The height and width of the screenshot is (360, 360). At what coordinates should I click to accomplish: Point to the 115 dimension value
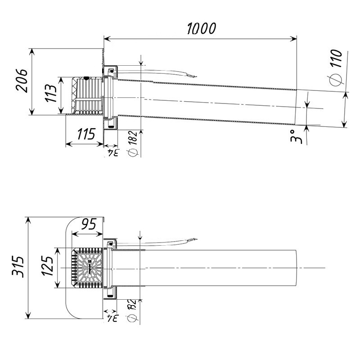[x=86, y=134]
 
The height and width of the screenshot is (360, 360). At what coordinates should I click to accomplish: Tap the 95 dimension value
[x=90, y=224]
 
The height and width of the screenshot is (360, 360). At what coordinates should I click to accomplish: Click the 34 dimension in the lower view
[x=112, y=319]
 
